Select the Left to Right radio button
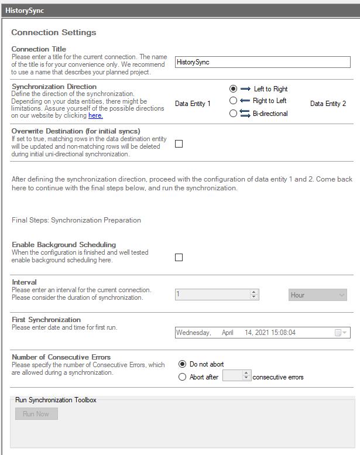pos(233,89)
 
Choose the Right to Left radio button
pos(233,101)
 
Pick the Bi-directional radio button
pos(233,114)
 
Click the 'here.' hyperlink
pos(95,116)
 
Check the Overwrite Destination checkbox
pos(179,144)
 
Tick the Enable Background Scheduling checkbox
pos(179,257)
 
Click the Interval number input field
pos(212,295)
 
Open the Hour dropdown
pos(318,295)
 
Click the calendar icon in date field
pos(338,333)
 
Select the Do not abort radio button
pos(183,364)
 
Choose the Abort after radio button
pos(183,377)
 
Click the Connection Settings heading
pos(54,32)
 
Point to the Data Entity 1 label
pos(193,104)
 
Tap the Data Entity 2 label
pos(328,104)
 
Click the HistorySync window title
pos(25,11)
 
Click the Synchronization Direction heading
pos(54,87)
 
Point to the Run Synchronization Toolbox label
pos(56,400)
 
